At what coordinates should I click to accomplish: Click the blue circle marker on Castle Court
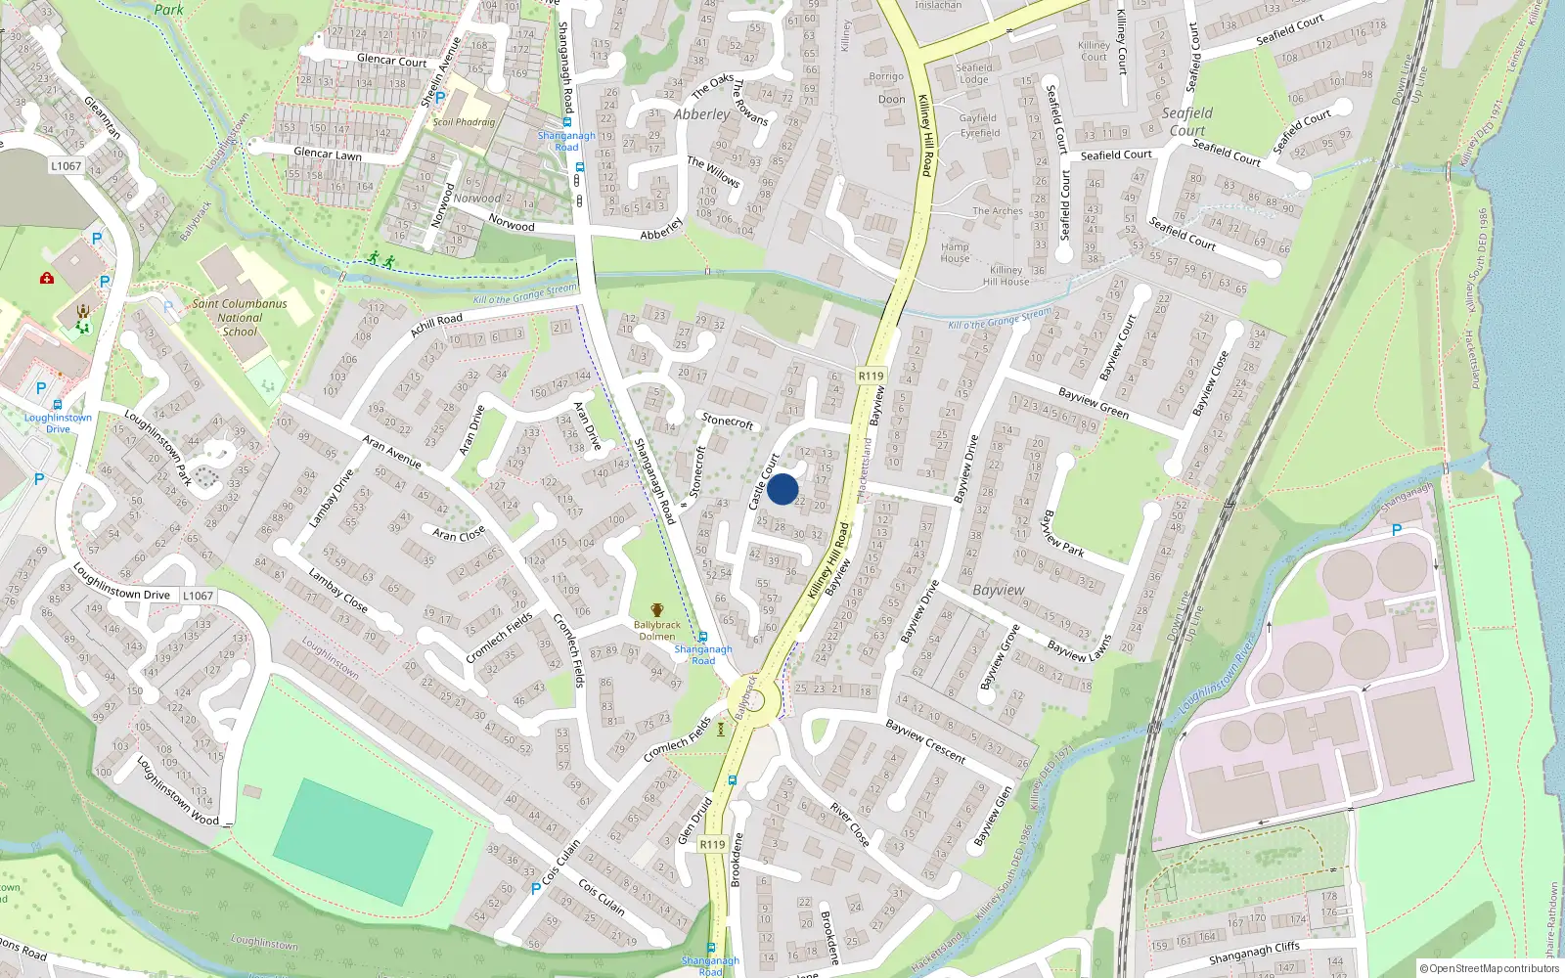tap(782, 489)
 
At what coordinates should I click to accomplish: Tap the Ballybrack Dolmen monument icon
tap(657, 610)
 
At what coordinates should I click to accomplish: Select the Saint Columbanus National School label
tap(240, 318)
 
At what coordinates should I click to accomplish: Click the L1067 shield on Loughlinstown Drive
tap(198, 596)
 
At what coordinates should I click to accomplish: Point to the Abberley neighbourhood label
tap(701, 114)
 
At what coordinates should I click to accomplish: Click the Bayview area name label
tap(999, 591)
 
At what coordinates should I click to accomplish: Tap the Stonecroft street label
tap(728, 421)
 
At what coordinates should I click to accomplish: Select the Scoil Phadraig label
tap(464, 122)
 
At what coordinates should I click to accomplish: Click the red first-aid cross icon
tap(46, 279)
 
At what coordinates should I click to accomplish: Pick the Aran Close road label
tap(459, 534)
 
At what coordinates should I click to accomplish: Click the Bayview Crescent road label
tap(925, 741)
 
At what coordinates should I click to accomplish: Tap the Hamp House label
tap(955, 252)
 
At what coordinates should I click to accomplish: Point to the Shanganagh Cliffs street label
tap(1254, 953)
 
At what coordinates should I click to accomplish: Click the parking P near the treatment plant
tap(1397, 529)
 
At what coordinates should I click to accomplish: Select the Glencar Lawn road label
tap(328, 154)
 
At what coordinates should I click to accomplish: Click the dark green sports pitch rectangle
tap(353, 841)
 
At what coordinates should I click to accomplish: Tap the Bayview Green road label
tap(1094, 403)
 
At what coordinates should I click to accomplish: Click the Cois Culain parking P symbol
tap(535, 888)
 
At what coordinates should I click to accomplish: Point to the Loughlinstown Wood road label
tap(177, 790)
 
